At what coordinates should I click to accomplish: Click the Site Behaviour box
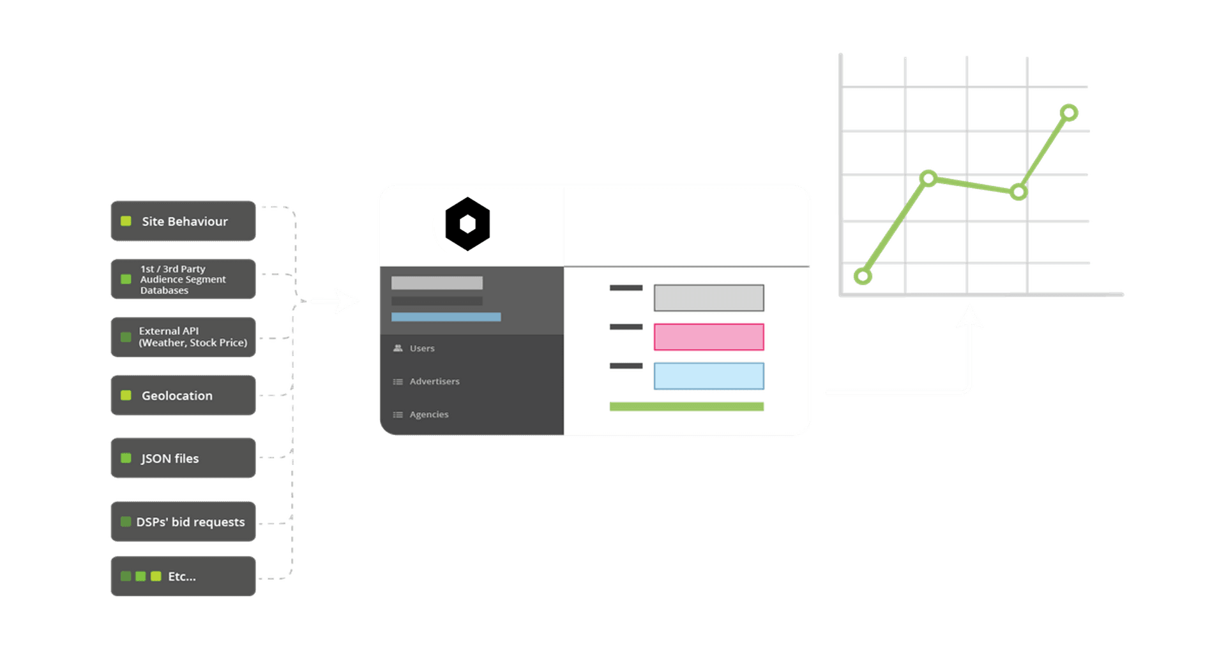click(183, 221)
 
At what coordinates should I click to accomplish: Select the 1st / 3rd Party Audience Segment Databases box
click(183, 279)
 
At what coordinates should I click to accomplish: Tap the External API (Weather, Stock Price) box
click(183, 337)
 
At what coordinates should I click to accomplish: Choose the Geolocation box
click(183, 396)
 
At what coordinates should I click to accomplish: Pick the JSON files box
click(183, 458)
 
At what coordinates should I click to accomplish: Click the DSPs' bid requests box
click(183, 521)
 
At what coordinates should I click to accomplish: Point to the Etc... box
click(183, 576)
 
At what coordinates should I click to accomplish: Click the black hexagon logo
click(467, 224)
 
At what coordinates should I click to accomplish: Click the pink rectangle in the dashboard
click(709, 337)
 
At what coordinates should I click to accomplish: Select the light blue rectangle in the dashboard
click(709, 376)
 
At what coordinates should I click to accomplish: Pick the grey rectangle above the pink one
click(709, 298)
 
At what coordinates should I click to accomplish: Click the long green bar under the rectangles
click(686, 406)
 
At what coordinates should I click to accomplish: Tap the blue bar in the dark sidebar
click(446, 317)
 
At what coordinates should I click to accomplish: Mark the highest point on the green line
click(1069, 113)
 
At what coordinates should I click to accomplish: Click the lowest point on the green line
click(863, 276)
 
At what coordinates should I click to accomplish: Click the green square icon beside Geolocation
click(126, 396)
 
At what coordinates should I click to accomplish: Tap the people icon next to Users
click(398, 348)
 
